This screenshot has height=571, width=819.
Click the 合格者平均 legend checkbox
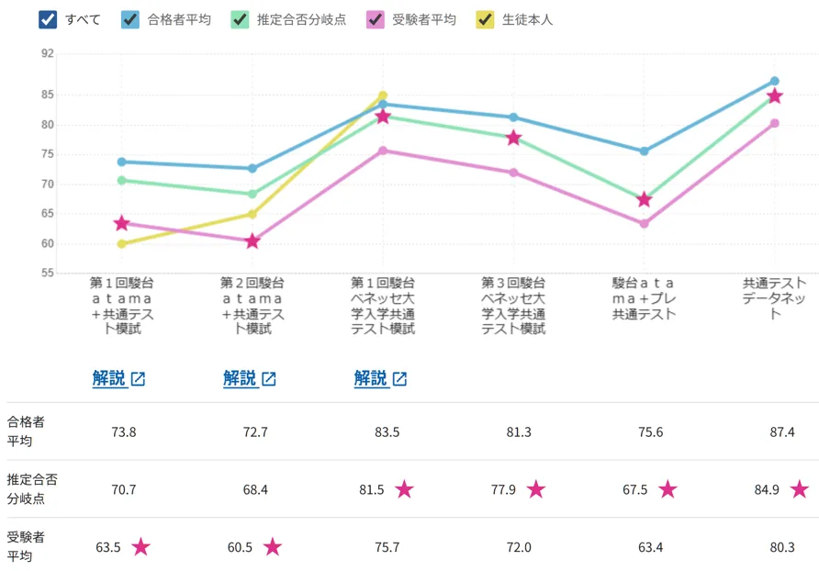click(130, 19)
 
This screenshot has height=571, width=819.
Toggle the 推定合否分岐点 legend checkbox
click(240, 19)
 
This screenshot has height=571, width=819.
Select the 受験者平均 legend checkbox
click(375, 19)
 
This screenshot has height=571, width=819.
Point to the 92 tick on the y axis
click(48, 54)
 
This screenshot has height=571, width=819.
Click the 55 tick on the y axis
click(48, 274)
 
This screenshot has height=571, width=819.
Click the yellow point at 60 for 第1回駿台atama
click(121, 244)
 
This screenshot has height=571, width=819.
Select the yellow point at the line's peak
click(383, 95)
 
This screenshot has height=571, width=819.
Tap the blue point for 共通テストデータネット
click(775, 81)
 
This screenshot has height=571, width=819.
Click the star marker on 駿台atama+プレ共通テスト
click(645, 199)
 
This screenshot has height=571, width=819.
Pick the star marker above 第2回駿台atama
click(252, 241)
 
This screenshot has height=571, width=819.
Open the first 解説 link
click(109, 378)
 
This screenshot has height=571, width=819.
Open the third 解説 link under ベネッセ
click(371, 378)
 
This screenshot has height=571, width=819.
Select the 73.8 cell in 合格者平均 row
click(123, 431)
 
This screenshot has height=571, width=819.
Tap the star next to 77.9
click(536, 489)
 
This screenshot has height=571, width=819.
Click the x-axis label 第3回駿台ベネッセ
click(513, 306)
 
